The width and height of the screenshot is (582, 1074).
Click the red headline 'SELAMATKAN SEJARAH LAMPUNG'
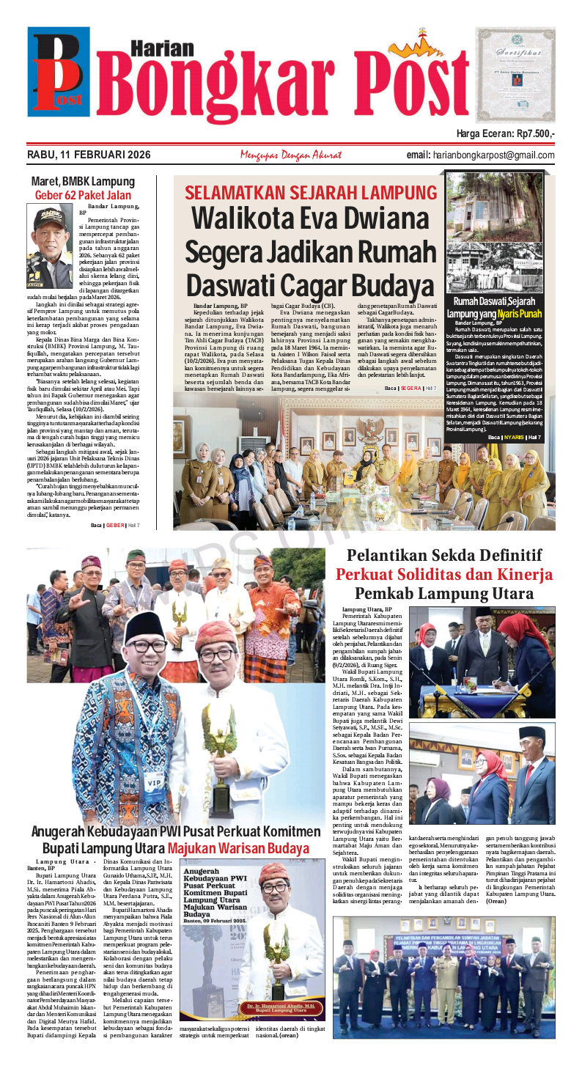tap(311, 193)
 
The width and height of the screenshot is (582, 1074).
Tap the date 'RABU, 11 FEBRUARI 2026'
tap(89, 155)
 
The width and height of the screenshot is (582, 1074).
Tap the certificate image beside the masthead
tap(515, 74)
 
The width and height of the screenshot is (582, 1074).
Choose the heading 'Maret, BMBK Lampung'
tap(83, 182)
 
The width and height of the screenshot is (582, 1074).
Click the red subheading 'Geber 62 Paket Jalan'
tap(83, 196)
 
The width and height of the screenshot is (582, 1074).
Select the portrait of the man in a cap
tap(51, 235)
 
